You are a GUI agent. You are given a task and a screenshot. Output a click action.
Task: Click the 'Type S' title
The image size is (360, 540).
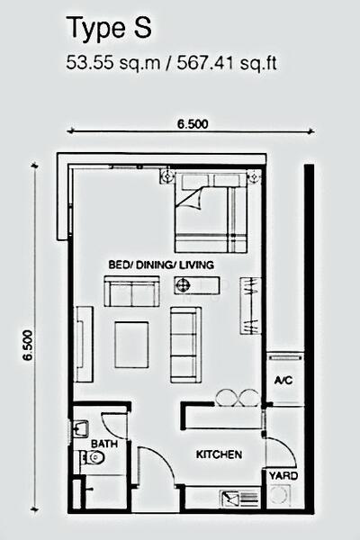[x=110, y=29]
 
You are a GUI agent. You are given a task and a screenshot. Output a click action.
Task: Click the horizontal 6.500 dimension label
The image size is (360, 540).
[x=193, y=124]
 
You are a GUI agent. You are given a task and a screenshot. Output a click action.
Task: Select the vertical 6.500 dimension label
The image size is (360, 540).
[x=28, y=345]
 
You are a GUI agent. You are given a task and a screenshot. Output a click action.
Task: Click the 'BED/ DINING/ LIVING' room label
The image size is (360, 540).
[x=161, y=265]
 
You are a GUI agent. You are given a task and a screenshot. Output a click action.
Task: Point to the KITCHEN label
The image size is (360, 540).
[x=219, y=454]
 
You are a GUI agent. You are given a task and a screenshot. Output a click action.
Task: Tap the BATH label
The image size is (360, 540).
[x=104, y=444]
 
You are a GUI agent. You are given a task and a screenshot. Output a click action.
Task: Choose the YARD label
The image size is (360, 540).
[x=283, y=476]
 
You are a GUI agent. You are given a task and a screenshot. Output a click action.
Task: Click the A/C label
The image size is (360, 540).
[x=283, y=380]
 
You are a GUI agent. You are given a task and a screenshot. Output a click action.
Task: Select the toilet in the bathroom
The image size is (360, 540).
[x=92, y=457]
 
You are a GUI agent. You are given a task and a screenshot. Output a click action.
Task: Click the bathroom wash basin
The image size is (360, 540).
[x=80, y=428]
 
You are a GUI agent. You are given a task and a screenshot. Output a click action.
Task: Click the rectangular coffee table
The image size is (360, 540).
[x=131, y=345]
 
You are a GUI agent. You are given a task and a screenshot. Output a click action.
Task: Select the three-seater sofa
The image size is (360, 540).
[x=185, y=345]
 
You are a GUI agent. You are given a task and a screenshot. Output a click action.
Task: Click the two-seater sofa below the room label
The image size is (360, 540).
[x=132, y=291]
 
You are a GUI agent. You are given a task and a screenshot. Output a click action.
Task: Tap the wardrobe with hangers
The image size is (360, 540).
[x=249, y=305]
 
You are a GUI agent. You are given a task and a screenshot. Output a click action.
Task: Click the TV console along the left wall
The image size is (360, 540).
[x=84, y=345]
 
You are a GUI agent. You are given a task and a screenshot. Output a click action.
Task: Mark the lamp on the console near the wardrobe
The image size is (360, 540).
[x=182, y=285]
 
